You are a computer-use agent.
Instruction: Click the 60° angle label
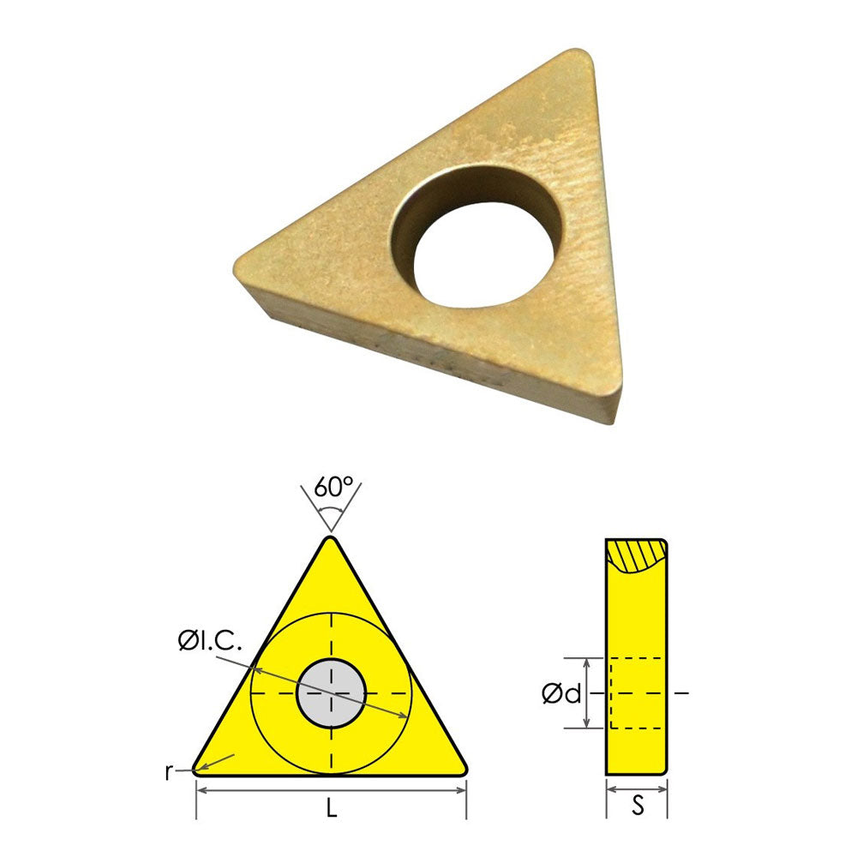click(333, 488)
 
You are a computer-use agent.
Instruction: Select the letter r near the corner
click(169, 771)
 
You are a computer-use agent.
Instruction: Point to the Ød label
click(561, 693)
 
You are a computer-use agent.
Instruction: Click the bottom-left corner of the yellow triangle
click(197, 769)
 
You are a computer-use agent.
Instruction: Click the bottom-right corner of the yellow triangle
click(464, 769)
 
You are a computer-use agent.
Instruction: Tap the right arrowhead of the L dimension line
click(462, 789)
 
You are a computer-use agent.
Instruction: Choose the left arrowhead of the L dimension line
click(201, 789)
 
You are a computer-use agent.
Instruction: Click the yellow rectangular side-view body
click(636, 668)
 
